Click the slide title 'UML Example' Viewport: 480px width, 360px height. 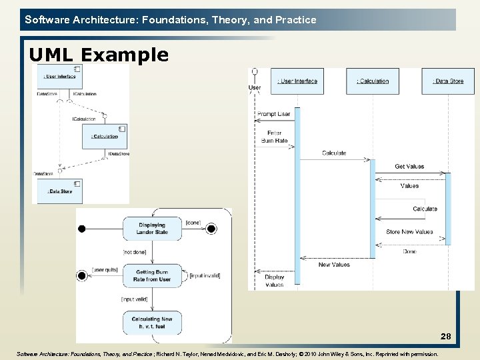(x=99, y=55)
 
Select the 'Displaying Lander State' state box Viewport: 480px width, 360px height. (x=152, y=229)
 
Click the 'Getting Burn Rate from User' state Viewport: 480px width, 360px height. (x=153, y=275)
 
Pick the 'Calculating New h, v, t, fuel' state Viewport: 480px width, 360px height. (x=152, y=323)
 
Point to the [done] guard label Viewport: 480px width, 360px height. (x=193, y=222)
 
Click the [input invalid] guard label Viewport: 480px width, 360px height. (x=205, y=275)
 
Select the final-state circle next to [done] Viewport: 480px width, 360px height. (x=211, y=229)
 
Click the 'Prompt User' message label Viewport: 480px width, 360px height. (x=273, y=114)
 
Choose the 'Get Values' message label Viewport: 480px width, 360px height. (x=409, y=167)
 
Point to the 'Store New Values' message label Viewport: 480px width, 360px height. (x=409, y=232)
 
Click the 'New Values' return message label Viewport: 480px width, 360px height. (x=333, y=265)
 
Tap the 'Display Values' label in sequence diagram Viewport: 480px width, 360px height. (x=274, y=281)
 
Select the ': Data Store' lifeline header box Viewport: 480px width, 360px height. (x=448, y=81)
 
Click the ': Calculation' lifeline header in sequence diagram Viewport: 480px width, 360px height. (x=373, y=81)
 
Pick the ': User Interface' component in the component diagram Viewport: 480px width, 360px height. (x=60, y=76)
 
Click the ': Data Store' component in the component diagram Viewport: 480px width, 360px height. (x=60, y=191)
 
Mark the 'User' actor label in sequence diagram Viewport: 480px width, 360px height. (x=255, y=87)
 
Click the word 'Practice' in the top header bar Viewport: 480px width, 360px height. (x=295, y=20)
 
